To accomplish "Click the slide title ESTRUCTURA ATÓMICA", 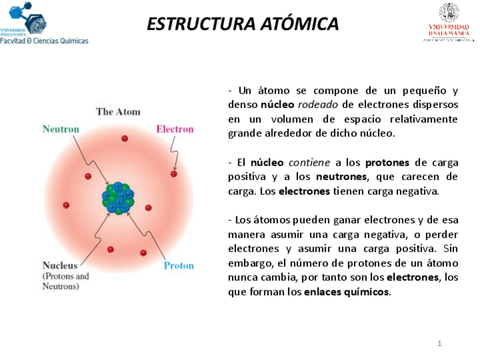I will click(242, 24).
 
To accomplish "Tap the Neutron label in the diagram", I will click(61, 129).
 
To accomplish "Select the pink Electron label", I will click(174, 129).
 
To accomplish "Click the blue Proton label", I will click(178, 265).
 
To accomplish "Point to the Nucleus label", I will click(60, 265).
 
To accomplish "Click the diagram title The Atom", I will click(118, 112).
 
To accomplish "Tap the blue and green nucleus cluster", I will click(118, 198).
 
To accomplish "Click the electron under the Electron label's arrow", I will click(174, 174).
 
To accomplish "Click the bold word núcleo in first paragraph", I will click(277, 105).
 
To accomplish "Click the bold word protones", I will click(387, 163).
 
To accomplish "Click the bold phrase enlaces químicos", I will click(346, 292).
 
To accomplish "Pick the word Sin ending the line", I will click(451, 248).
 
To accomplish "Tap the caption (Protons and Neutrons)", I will click(66, 281).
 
